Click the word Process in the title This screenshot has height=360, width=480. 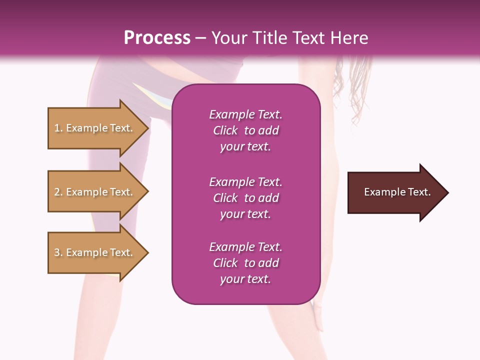pyautogui.click(x=157, y=38)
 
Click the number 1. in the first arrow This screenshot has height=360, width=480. pyautogui.click(x=58, y=128)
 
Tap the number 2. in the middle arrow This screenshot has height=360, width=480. pyautogui.click(x=58, y=192)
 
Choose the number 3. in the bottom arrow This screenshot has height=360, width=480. pyautogui.click(x=58, y=252)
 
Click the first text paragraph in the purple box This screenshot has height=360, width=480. pyautogui.click(x=245, y=130)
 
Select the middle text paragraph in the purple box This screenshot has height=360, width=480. pyautogui.click(x=245, y=198)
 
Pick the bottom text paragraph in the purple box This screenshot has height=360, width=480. pyautogui.click(x=245, y=263)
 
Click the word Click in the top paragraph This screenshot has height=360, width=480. pyautogui.click(x=225, y=130)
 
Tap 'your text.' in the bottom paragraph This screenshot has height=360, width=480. pyautogui.click(x=245, y=279)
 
